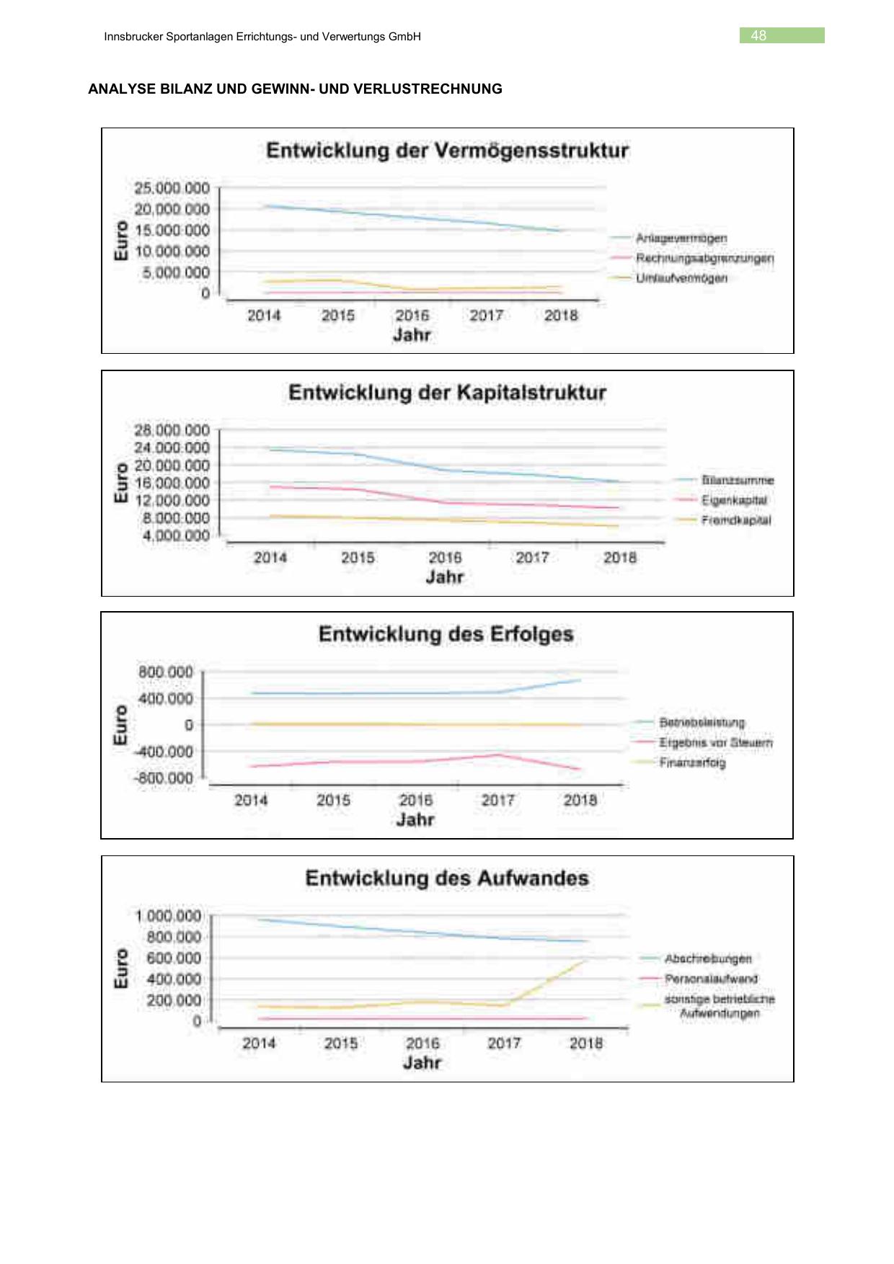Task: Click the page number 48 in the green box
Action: pyautogui.click(x=758, y=35)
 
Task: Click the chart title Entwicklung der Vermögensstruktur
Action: pyautogui.click(x=447, y=151)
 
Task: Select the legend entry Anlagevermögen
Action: pyautogui.click(x=681, y=238)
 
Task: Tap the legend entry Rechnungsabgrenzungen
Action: pyautogui.click(x=704, y=258)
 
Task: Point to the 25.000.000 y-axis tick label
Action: pyautogui.click(x=172, y=188)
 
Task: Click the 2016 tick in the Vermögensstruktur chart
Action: pyautogui.click(x=412, y=316)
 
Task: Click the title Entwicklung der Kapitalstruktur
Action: pyautogui.click(x=447, y=393)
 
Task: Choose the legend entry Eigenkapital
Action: pyautogui.click(x=734, y=500)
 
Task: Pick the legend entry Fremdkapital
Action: pyautogui.click(x=735, y=520)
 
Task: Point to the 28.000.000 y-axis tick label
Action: pyautogui.click(x=172, y=430)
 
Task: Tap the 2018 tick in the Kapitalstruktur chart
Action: pyautogui.click(x=620, y=558)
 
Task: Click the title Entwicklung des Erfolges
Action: pyautogui.click(x=446, y=634)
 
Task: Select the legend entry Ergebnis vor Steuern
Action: pyautogui.click(x=715, y=742)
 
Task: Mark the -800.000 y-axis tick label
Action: pyautogui.click(x=163, y=778)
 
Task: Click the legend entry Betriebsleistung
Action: pyautogui.click(x=702, y=722)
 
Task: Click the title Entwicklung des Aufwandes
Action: pyautogui.click(x=447, y=878)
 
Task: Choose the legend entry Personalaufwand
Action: pyautogui.click(x=711, y=979)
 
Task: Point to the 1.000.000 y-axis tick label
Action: pyautogui.click(x=168, y=916)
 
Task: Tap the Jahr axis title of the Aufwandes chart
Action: pyautogui.click(x=422, y=1063)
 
